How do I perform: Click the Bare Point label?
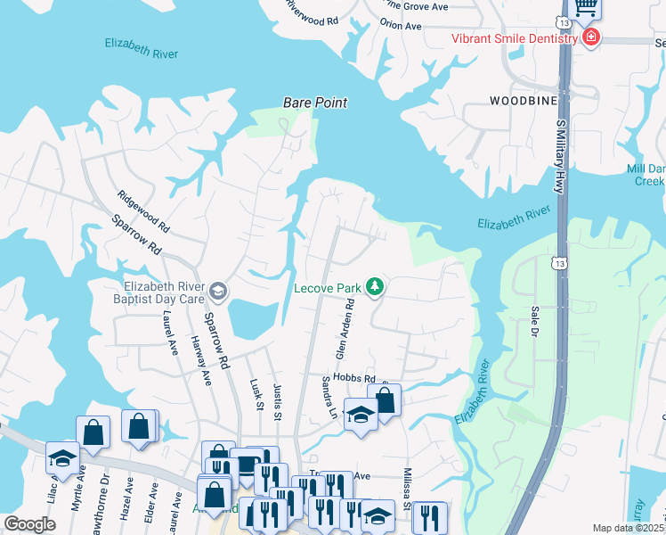point(314,103)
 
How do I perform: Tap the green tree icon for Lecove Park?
point(376,286)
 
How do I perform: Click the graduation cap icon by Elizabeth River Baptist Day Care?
point(217,291)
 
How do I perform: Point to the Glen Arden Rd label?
point(345,329)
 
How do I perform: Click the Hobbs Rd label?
point(356,378)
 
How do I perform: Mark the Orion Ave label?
point(401,26)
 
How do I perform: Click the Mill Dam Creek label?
point(646,175)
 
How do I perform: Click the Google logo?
point(29,524)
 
